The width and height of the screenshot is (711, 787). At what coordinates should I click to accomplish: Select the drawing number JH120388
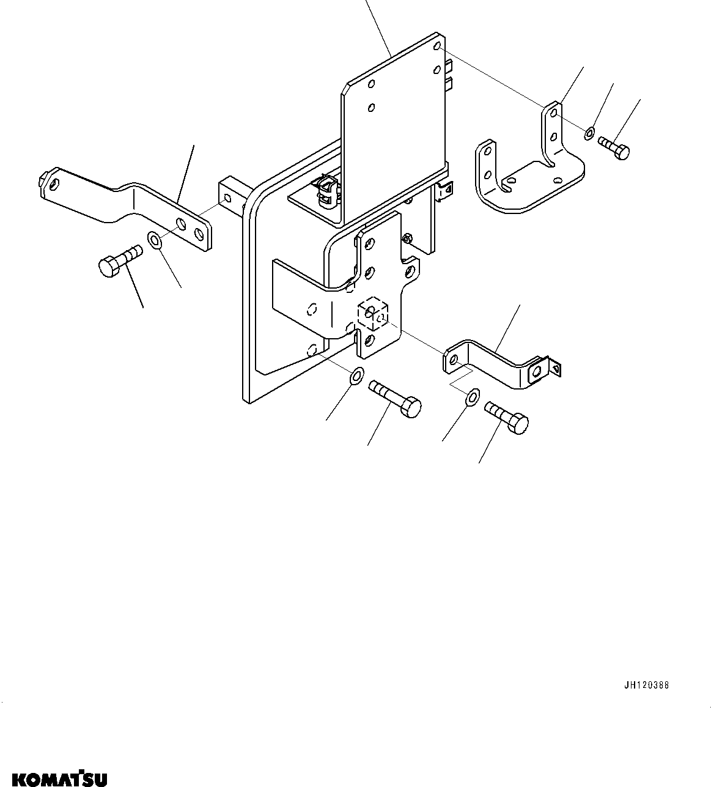click(x=646, y=685)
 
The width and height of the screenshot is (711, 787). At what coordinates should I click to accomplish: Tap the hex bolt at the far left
click(x=117, y=260)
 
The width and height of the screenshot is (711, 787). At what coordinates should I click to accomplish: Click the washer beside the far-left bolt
click(x=155, y=239)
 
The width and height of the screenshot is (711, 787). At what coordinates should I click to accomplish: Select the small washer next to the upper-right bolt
click(x=589, y=132)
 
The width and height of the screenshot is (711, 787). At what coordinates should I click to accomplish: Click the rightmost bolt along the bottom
click(x=507, y=417)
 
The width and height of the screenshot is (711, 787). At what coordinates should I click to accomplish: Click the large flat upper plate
click(x=391, y=122)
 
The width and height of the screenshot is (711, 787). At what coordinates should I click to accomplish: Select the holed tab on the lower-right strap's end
click(x=538, y=371)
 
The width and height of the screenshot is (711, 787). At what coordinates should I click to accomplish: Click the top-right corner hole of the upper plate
click(x=437, y=46)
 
